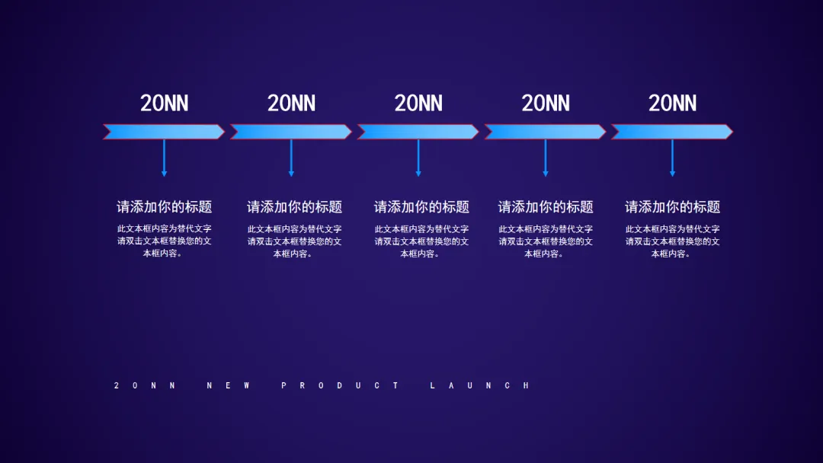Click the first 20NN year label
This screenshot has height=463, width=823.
pyautogui.click(x=164, y=104)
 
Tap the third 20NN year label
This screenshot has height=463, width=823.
pyautogui.click(x=418, y=104)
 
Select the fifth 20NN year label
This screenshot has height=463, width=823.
pyautogui.click(x=672, y=104)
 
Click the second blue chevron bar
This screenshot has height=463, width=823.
pyautogui.click(x=290, y=132)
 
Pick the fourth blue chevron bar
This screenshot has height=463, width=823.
pyautogui.click(x=545, y=132)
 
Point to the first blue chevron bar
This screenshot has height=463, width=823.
pyautogui.click(x=164, y=132)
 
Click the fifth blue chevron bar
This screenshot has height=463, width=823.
pyautogui.click(x=671, y=132)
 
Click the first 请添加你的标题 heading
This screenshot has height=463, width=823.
pyautogui.click(x=164, y=207)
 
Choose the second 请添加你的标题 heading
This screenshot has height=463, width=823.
pyautogui.click(x=294, y=207)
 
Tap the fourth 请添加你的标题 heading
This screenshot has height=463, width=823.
pyautogui.click(x=546, y=207)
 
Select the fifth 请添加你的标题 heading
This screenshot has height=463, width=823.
pyautogui.click(x=672, y=207)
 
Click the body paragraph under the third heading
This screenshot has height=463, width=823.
pyautogui.click(x=421, y=241)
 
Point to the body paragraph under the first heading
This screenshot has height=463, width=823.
pyautogui.click(x=164, y=241)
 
